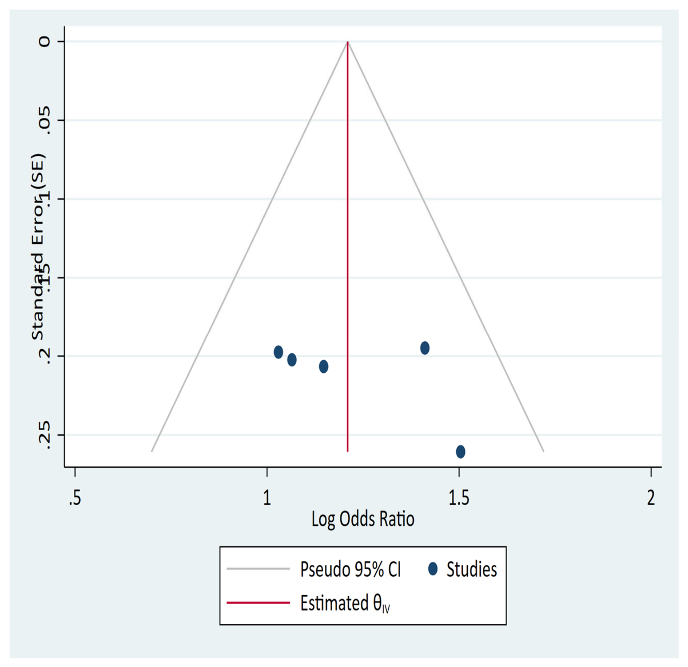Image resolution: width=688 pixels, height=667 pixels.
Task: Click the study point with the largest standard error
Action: pyautogui.click(x=460, y=452)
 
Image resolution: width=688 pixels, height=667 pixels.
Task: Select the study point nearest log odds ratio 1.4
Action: pyautogui.click(x=425, y=348)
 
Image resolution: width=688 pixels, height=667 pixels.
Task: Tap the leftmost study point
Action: pyautogui.click(x=278, y=352)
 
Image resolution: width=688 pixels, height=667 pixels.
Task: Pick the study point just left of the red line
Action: pyautogui.click(x=323, y=367)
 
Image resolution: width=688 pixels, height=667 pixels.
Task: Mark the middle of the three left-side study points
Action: pyautogui.click(x=292, y=360)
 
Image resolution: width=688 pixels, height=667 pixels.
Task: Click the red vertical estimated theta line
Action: pyautogui.click(x=348, y=246)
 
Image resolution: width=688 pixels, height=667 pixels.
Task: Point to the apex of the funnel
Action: pyautogui.click(x=348, y=41)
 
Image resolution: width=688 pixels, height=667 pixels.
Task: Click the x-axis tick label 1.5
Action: pyautogui.click(x=459, y=498)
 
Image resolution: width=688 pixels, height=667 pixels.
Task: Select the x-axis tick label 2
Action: pyautogui.click(x=651, y=498)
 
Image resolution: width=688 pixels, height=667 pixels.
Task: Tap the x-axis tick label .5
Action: pyautogui.click(x=75, y=498)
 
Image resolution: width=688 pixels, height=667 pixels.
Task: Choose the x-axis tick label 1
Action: pyautogui.click(x=267, y=498)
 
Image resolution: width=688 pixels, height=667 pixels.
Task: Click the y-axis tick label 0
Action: pyautogui.click(x=44, y=42)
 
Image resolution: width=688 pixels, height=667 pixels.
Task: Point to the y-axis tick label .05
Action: pyautogui.click(x=44, y=121)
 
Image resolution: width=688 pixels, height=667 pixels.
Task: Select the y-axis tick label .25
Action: pyautogui.click(x=44, y=436)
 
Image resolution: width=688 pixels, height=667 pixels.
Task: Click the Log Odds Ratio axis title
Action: pyautogui.click(x=363, y=519)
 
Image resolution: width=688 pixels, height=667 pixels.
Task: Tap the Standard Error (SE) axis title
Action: pyautogui.click(x=38, y=247)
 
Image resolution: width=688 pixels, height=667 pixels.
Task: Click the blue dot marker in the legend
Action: pyautogui.click(x=433, y=569)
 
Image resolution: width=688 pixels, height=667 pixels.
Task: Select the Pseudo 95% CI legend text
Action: pyautogui.click(x=350, y=569)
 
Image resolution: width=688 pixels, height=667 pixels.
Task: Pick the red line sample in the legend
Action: pyautogui.click(x=258, y=602)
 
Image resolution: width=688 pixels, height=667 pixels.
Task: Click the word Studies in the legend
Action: pyautogui.click(x=472, y=569)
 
